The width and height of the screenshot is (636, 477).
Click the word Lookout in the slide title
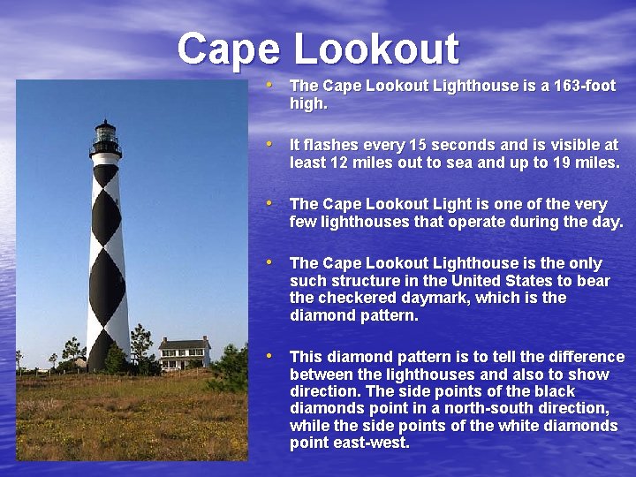tap(375, 49)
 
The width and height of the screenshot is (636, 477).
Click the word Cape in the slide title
tap(230, 49)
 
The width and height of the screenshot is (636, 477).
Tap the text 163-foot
tap(579, 86)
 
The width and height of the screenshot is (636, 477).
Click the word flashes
tap(331, 145)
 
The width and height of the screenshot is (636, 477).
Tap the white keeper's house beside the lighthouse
tap(185, 353)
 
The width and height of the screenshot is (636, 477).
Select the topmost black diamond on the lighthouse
tap(106, 174)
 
